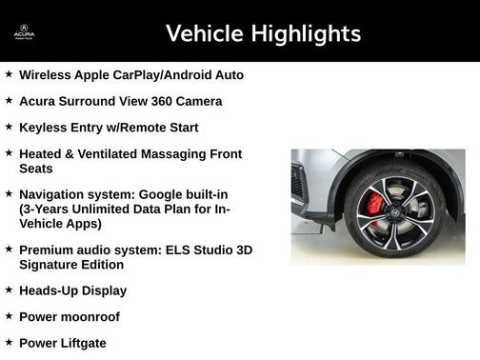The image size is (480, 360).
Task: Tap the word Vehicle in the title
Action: [x=204, y=34]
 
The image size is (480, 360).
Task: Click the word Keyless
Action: [x=44, y=128]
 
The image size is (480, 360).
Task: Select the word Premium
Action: [x=48, y=250]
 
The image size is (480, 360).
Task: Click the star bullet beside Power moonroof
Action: [x=9, y=315]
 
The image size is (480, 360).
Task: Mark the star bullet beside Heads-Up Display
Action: [x=9, y=290]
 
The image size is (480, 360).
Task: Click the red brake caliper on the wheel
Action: [x=374, y=204]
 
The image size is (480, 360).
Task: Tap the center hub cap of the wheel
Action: [x=394, y=211]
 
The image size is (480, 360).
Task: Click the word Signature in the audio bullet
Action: [x=51, y=265]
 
